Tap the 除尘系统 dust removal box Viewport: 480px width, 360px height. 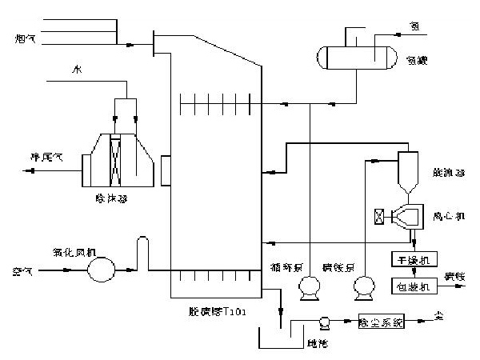coord(382,322)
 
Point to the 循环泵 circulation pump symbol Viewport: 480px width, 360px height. coord(306,286)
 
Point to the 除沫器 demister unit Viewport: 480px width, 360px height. coord(117,159)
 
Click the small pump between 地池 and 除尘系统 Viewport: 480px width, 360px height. coord(326,322)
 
